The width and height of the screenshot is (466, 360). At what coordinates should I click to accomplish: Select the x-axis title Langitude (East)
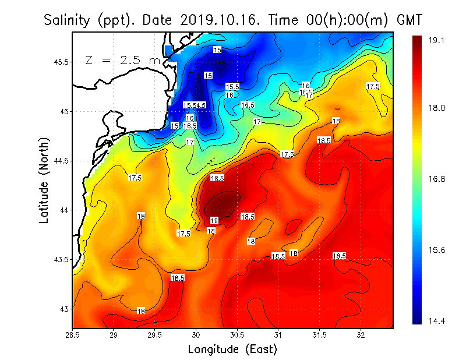click(232, 349)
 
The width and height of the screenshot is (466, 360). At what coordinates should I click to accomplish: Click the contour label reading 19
click(214, 220)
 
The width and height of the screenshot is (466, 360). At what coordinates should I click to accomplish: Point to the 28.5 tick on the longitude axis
click(72, 335)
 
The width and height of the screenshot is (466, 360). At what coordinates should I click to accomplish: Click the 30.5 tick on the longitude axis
click(237, 335)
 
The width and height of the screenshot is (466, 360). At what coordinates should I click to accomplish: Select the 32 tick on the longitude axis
click(361, 335)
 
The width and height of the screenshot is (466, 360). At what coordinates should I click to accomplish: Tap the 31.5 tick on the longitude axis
click(319, 335)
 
